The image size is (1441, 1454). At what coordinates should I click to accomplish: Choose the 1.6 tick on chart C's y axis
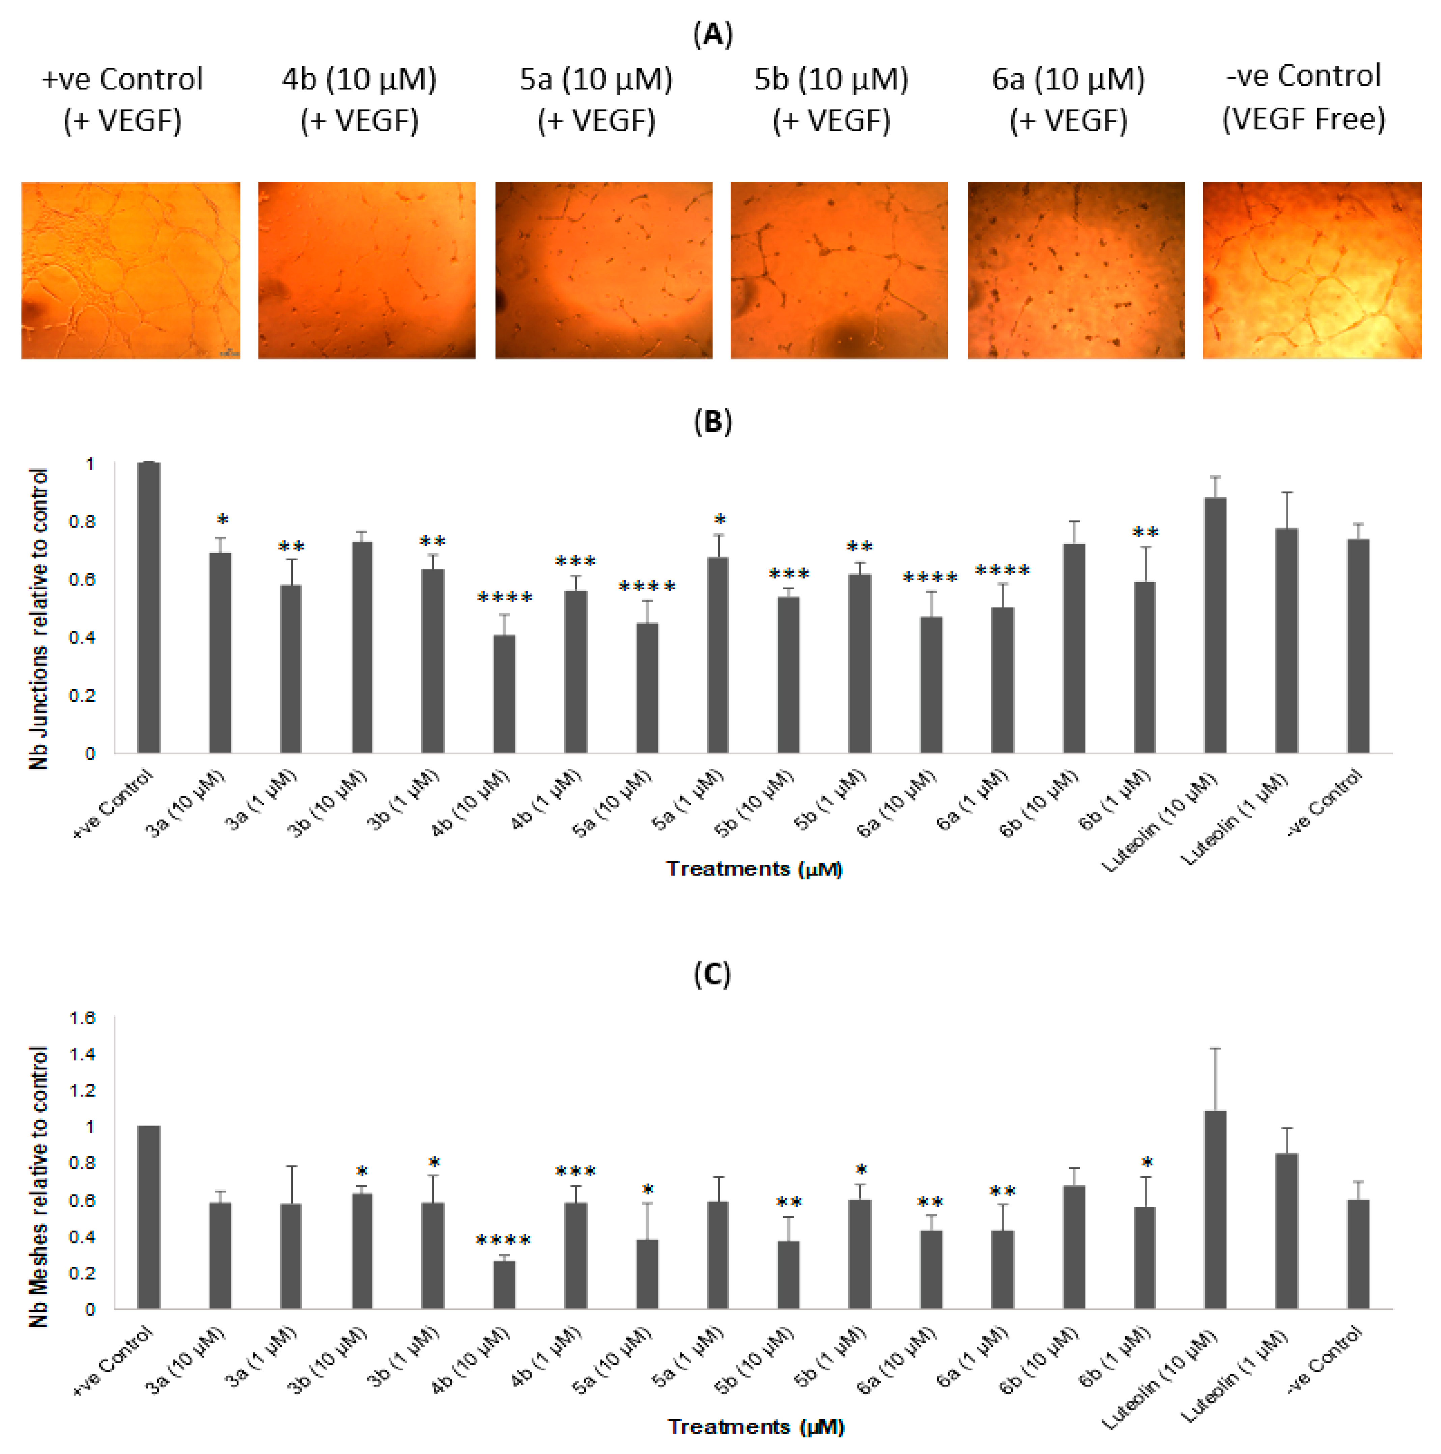tap(83, 1018)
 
